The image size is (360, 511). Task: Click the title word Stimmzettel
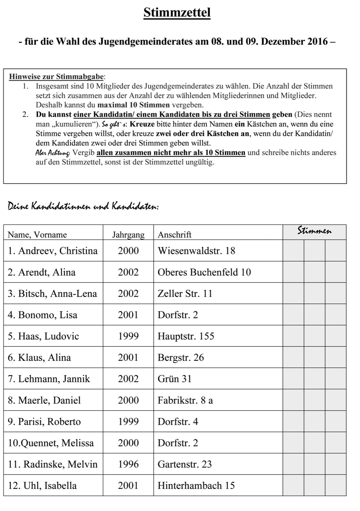[x=177, y=13]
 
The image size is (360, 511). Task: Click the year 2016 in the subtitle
[x=317, y=42]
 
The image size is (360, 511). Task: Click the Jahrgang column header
[x=128, y=235]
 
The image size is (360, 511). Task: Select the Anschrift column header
[x=175, y=235]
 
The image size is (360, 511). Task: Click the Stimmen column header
[x=314, y=231]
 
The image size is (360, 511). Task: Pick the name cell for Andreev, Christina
[x=53, y=251]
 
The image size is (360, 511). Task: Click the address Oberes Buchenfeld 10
[x=204, y=272]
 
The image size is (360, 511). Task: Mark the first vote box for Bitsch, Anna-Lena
[x=294, y=293]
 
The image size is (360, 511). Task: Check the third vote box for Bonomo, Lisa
[x=335, y=315]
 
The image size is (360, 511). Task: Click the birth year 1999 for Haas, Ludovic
[x=128, y=336]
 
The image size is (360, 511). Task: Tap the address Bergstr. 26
[x=181, y=357]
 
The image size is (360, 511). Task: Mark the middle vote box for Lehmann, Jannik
[x=314, y=379]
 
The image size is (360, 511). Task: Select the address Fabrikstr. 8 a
[x=185, y=400]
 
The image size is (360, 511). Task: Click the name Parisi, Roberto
[x=44, y=422]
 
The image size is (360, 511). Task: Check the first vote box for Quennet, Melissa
[x=294, y=443]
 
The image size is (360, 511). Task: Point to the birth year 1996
[x=128, y=464]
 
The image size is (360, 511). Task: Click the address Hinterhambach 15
[x=196, y=485]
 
